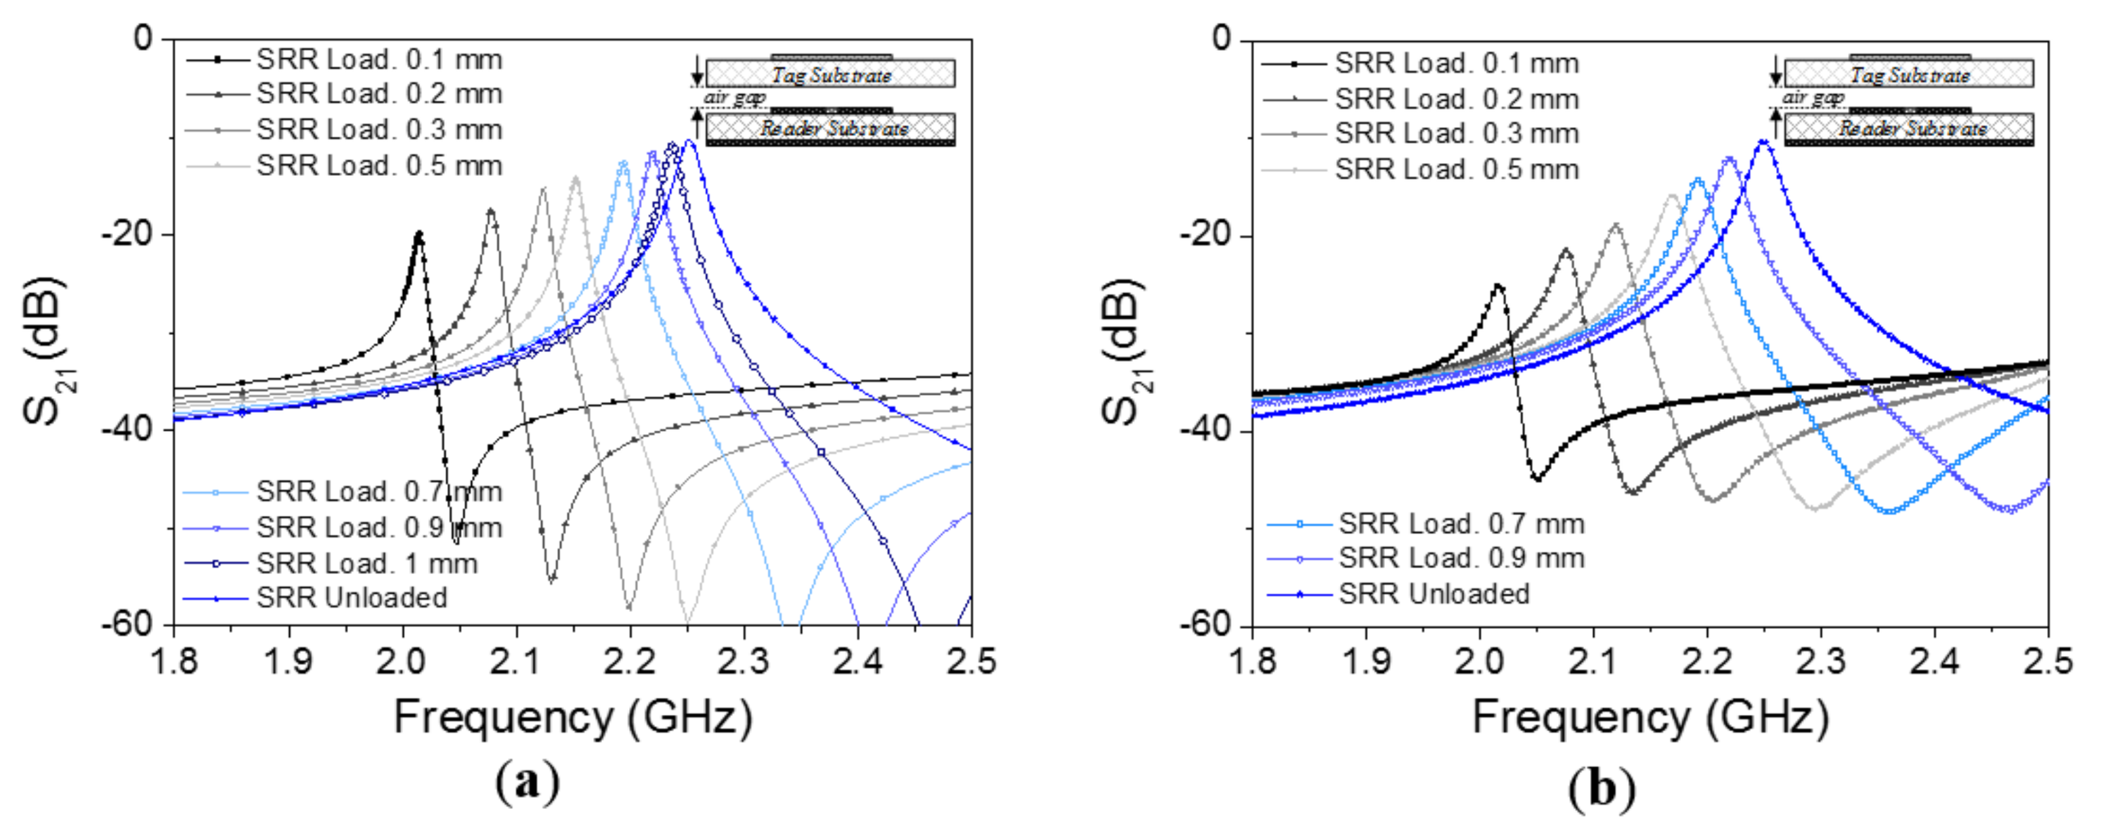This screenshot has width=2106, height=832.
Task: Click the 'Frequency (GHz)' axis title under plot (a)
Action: [572, 718]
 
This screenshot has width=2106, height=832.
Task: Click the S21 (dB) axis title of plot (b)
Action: [1125, 351]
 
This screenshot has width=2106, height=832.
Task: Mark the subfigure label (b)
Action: [1602, 789]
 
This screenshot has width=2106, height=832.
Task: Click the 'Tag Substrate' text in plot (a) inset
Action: [831, 75]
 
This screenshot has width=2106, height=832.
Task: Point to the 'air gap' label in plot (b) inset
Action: [1813, 98]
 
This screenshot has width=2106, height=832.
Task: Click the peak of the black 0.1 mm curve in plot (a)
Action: [418, 233]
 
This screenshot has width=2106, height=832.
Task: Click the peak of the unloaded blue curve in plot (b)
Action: [1763, 141]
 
